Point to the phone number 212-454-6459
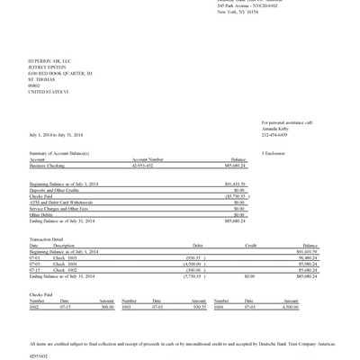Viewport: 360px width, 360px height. (276, 134)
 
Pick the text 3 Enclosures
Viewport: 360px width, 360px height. (274, 154)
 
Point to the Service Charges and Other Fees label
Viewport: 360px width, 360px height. (62, 208)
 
